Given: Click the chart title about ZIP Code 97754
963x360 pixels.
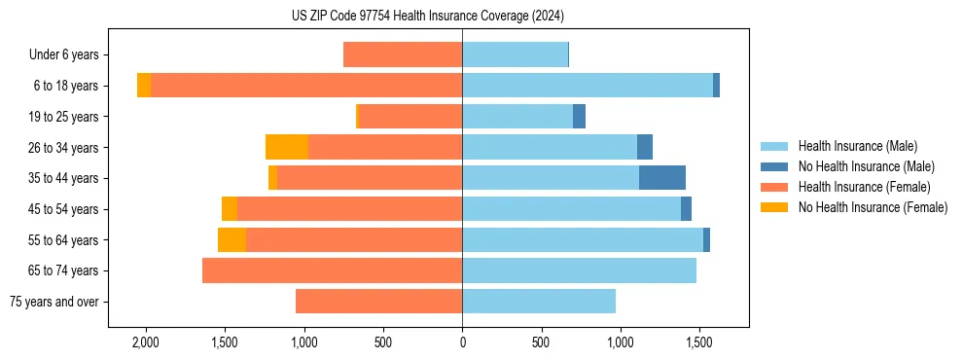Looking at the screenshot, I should click(x=427, y=17).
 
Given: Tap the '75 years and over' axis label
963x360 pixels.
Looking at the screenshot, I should click(x=53, y=302).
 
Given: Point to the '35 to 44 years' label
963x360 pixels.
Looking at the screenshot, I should click(x=63, y=178).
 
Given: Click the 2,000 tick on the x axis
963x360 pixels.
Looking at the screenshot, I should click(x=146, y=342).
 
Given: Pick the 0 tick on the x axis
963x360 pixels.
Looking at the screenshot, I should click(x=462, y=342).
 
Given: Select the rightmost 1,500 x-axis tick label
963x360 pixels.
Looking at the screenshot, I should click(x=699, y=342).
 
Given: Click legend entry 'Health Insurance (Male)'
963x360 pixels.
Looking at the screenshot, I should click(x=857, y=146).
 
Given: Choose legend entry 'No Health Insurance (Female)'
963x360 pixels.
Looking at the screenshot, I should click(x=873, y=207).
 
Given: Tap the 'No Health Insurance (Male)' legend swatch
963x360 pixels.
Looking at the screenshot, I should click(x=775, y=166).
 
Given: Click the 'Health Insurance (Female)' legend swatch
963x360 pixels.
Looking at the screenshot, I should click(x=775, y=187).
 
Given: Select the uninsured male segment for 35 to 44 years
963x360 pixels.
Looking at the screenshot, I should click(x=662, y=177).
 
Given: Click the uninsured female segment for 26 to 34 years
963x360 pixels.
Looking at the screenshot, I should click(x=287, y=147).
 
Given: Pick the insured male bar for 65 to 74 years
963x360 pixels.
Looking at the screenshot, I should click(x=579, y=270).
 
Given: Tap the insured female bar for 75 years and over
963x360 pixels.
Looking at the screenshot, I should click(x=378, y=302).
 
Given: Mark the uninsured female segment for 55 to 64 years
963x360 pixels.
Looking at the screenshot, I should click(x=232, y=239).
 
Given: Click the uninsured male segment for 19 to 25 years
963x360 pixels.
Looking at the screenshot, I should click(x=579, y=116).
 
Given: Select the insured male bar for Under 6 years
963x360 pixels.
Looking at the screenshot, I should click(x=515, y=54).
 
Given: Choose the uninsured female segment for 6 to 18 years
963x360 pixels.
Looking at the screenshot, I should click(x=144, y=86).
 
